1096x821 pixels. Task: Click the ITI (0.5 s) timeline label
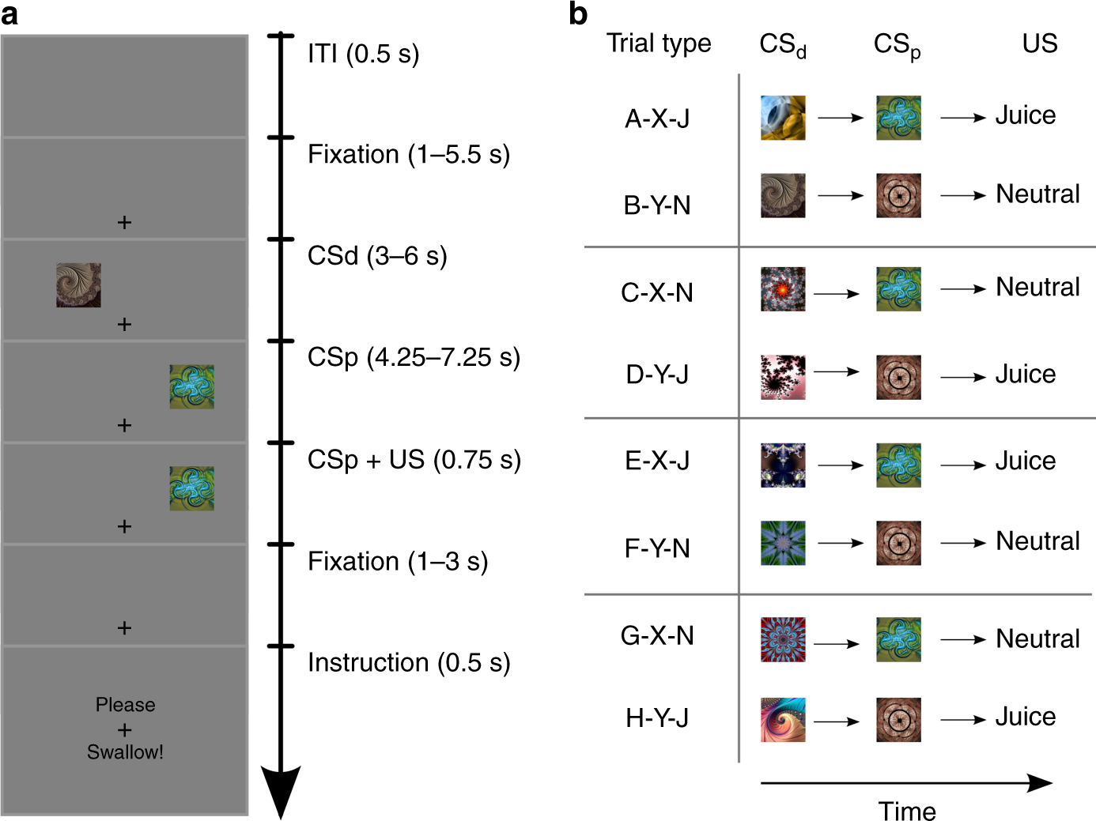[363, 54]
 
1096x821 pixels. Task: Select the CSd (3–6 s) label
[377, 256]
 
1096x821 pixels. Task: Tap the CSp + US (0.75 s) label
[414, 460]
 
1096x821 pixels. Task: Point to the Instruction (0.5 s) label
[409, 663]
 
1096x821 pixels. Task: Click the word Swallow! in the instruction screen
[125, 752]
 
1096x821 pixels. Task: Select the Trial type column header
[659, 43]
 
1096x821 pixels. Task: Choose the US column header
[1039, 43]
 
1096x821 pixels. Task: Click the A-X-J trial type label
[657, 119]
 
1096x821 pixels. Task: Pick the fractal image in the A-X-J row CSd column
[783, 118]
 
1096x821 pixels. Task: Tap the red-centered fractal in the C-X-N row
[783, 289]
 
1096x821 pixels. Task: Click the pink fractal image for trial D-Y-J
[783, 377]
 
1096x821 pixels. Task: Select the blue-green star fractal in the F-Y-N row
[783, 543]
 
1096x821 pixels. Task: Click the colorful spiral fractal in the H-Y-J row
[783, 720]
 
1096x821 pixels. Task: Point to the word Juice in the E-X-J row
[1025, 461]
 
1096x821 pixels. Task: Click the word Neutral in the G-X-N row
[1037, 638]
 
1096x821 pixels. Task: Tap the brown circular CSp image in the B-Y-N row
[898, 196]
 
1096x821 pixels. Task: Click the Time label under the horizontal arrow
[906, 811]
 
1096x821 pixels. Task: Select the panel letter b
[578, 14]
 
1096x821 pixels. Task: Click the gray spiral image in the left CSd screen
[78, 285]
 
